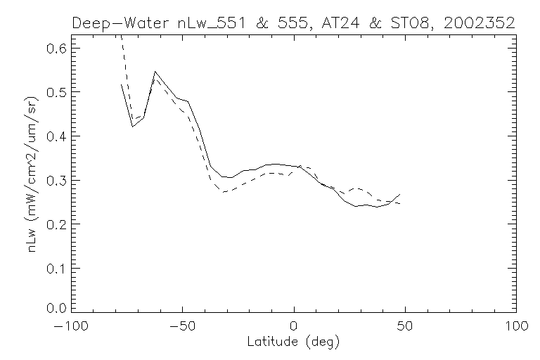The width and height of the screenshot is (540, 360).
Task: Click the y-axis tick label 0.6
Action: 58,49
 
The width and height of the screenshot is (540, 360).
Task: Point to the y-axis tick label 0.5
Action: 58,92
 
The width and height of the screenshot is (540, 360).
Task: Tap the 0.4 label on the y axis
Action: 58,136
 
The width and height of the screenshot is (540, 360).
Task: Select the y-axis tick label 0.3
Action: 58,181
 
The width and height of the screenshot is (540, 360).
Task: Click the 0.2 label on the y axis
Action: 58,224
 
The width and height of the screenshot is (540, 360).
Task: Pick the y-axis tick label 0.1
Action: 58,269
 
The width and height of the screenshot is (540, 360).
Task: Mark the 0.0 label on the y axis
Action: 58,308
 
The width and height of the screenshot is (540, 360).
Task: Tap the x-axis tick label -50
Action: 181,327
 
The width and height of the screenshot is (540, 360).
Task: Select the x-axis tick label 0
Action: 294,327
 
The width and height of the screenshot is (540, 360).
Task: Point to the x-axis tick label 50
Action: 406,327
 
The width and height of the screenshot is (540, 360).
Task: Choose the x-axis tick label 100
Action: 516,327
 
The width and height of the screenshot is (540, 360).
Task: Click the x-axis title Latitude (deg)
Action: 293,342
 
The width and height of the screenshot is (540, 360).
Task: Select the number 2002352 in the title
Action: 479,23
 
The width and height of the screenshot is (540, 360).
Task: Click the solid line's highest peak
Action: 155,72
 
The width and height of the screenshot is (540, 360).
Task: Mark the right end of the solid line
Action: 400,194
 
